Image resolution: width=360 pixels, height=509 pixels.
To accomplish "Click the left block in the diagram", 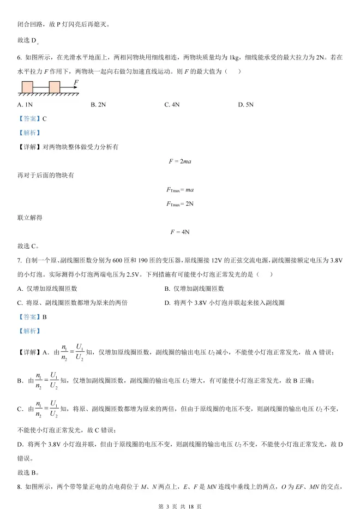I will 27,87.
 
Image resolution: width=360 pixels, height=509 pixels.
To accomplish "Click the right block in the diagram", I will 54,87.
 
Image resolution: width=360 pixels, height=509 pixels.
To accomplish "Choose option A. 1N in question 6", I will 25,104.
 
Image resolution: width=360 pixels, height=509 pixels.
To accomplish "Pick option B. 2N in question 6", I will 98,104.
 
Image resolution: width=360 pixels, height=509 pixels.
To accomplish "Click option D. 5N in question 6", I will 246,104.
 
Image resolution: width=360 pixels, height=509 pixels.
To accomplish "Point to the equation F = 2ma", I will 179,161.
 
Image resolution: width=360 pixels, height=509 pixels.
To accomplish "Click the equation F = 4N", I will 179,232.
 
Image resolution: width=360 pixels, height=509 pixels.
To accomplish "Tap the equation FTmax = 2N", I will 179,203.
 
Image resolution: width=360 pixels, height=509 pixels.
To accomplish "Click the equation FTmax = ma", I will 179,189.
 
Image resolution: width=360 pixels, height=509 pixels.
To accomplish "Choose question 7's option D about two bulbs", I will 224,302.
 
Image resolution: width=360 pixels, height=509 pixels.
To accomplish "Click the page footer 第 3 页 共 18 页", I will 179,499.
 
